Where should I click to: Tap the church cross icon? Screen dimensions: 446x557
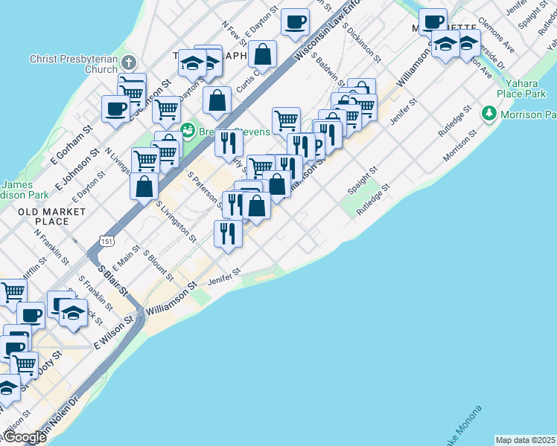(130, 62)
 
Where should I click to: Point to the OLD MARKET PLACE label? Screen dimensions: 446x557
(52, 216)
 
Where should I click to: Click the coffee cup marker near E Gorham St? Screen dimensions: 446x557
(116, 109)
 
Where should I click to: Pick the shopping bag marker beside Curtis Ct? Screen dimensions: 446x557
(263, 54)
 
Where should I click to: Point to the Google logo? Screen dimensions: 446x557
(24, 437)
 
